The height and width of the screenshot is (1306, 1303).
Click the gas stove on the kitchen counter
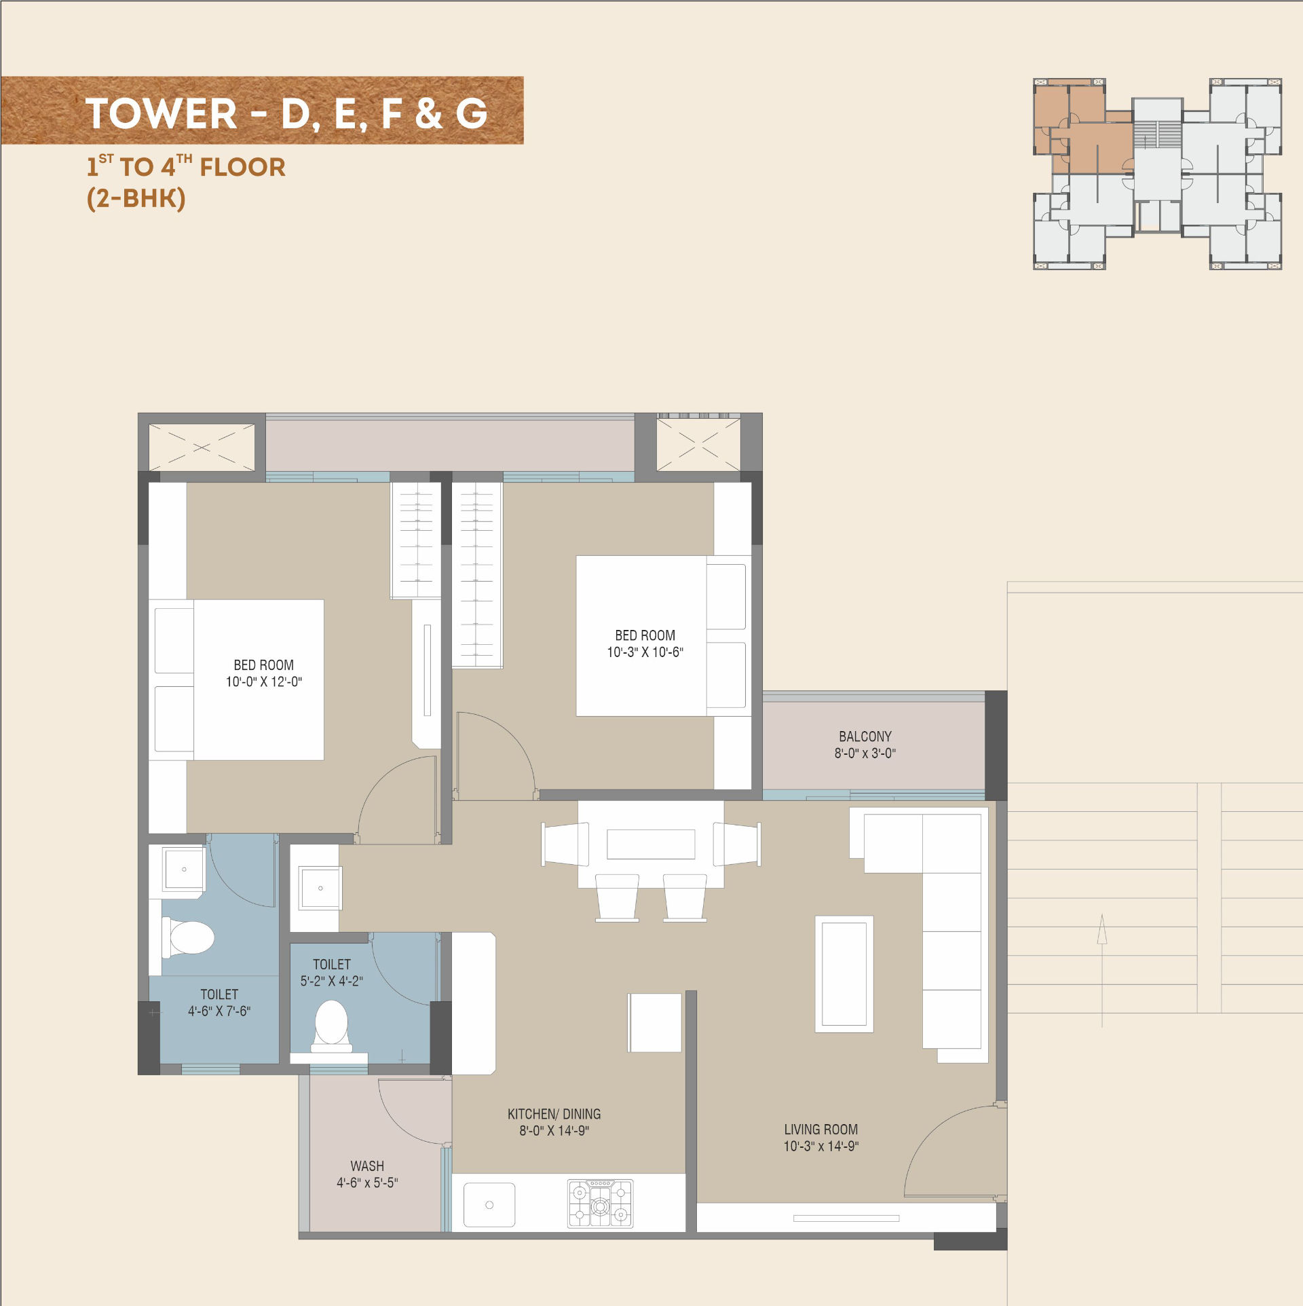click(600, 1204)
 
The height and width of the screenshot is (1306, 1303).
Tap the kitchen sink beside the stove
click(489, 1205)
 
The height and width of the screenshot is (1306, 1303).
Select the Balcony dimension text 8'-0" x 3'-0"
click(865, 753)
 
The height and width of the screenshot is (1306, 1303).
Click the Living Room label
click(821, 1130)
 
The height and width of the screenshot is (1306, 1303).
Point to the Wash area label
click(367, 1166)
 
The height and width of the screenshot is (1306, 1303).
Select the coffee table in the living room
click(844, 974)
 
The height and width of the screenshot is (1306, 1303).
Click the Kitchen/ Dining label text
click(554, 1114)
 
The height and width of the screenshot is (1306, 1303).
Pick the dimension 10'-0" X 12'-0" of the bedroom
click(264, 682)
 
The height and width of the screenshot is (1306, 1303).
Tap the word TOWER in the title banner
click(162, 113)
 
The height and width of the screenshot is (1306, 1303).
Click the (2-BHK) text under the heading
click(136, 199)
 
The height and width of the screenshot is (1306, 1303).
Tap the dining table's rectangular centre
click(651, 844)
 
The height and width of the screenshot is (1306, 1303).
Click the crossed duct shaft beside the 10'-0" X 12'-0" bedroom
click(202, 447)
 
